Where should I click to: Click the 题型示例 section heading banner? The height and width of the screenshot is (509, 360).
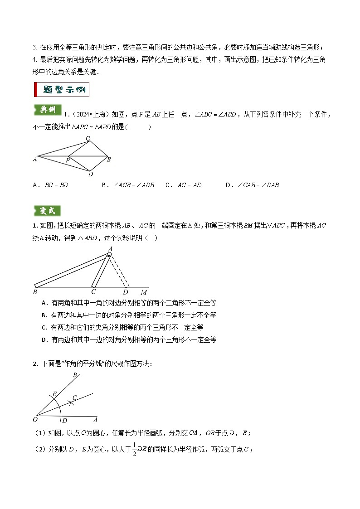(x=62, y=89)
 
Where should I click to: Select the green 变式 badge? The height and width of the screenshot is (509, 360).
(x=47, y=211)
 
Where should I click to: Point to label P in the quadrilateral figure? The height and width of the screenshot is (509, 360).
(x=68, y=160)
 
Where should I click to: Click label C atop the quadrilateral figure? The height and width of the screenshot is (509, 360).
(x=88, y=138)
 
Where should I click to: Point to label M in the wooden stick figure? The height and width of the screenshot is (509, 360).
(x=143, y=292)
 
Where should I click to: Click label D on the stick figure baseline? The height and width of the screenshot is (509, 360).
(x=126, y=292)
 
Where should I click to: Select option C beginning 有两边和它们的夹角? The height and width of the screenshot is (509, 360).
(x=122, y=327)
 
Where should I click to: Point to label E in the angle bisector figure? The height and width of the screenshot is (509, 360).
(x=54, y=394)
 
